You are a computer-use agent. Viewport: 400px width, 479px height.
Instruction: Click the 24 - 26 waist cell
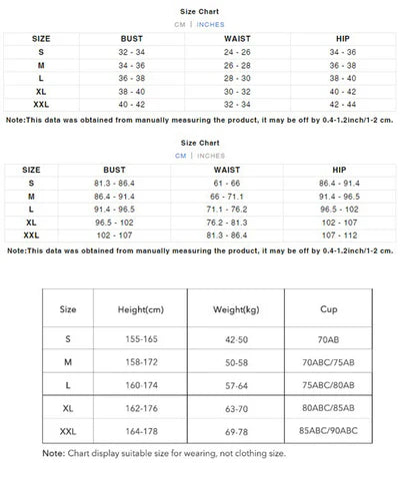point(236,50)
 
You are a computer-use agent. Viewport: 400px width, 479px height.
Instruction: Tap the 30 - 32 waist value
point(236,89)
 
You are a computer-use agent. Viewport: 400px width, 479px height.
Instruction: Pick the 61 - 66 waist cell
point(236,185)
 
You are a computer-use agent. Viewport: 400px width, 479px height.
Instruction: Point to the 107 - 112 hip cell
point(343,237)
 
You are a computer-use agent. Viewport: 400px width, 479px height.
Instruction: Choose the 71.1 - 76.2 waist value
point(236,211)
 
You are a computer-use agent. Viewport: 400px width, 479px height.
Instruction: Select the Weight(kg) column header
point(237,310)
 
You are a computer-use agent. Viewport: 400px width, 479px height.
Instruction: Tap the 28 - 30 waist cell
point(236,76)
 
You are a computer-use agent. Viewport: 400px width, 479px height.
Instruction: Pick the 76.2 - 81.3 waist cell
point(236,224)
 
